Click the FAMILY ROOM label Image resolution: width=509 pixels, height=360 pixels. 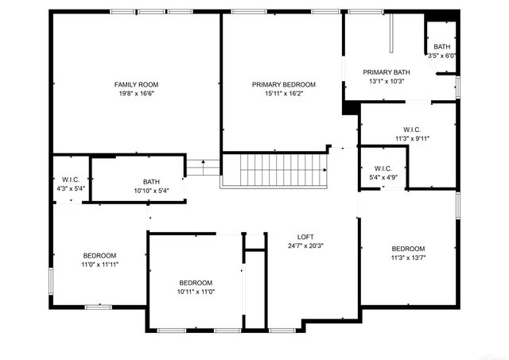(x=136, y=84)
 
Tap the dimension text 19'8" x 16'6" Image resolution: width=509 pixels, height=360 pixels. (x=136, y=93)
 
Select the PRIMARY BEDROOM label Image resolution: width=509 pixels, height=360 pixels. (x=284, y=84)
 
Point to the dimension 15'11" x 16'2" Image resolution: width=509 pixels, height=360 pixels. (x=284, y=93)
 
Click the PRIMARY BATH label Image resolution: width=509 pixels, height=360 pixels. (x=386, y=72)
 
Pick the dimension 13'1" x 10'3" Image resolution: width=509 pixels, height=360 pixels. (x=387, y=81)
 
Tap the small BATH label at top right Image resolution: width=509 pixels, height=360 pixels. (x=441, y=47)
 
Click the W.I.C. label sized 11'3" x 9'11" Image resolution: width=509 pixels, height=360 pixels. (x=412, y=130)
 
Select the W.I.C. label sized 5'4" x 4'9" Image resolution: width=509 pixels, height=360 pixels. (x=383, y=168)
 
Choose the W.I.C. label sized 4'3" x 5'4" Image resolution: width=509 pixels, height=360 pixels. (x=71, y=180)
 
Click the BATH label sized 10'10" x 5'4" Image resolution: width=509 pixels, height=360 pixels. (x=151, y=182)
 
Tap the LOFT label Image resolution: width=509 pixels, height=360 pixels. (x=305, y=237)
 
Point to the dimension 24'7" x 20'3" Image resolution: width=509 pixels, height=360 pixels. (x=305, y=246)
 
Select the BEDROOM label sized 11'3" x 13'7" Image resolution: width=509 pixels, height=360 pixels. (x=408, y=249)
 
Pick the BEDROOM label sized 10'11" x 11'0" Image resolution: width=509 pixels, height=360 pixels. (x=195, y=284)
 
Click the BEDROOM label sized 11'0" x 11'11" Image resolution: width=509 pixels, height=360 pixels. (x=100, y=255)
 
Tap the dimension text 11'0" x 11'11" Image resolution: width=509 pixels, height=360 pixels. (x=100, y=264)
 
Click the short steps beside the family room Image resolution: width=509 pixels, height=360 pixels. (x=202, y=168)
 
